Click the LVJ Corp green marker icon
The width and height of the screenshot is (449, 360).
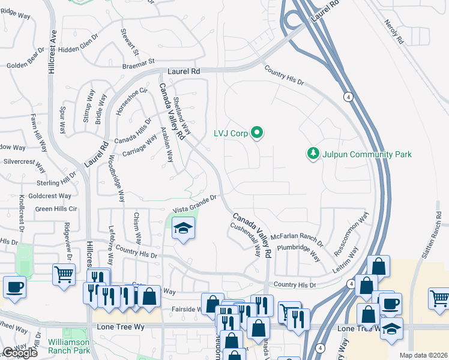click(257, 133)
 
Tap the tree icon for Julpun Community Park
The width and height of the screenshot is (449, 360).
click(313, 154)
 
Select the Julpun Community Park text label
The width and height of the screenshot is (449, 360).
click(366, 155)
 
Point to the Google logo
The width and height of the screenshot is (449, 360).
click(19, 353)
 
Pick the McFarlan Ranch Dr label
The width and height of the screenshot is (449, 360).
click(297, 239)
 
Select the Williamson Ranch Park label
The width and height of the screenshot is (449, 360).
click(71, 346)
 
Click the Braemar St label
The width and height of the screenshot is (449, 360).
click(139, 61)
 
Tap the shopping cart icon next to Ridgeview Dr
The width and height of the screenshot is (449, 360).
click(64, 274)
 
